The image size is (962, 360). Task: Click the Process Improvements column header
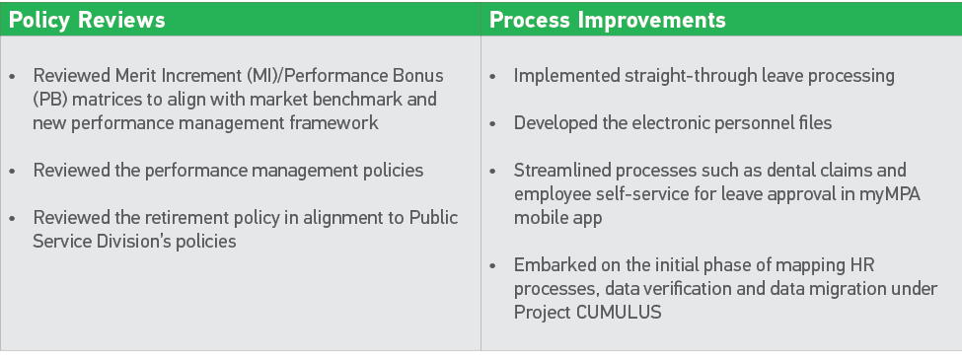tap(608, 20)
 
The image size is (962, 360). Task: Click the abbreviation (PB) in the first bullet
tap(49, 100)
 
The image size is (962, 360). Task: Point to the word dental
tap(778, 170)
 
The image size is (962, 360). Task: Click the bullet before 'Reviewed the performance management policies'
tap(13, 171)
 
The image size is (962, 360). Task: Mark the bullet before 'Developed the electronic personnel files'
tap(493, 123)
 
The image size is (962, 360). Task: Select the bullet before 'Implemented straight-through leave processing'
tap(493, 76)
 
